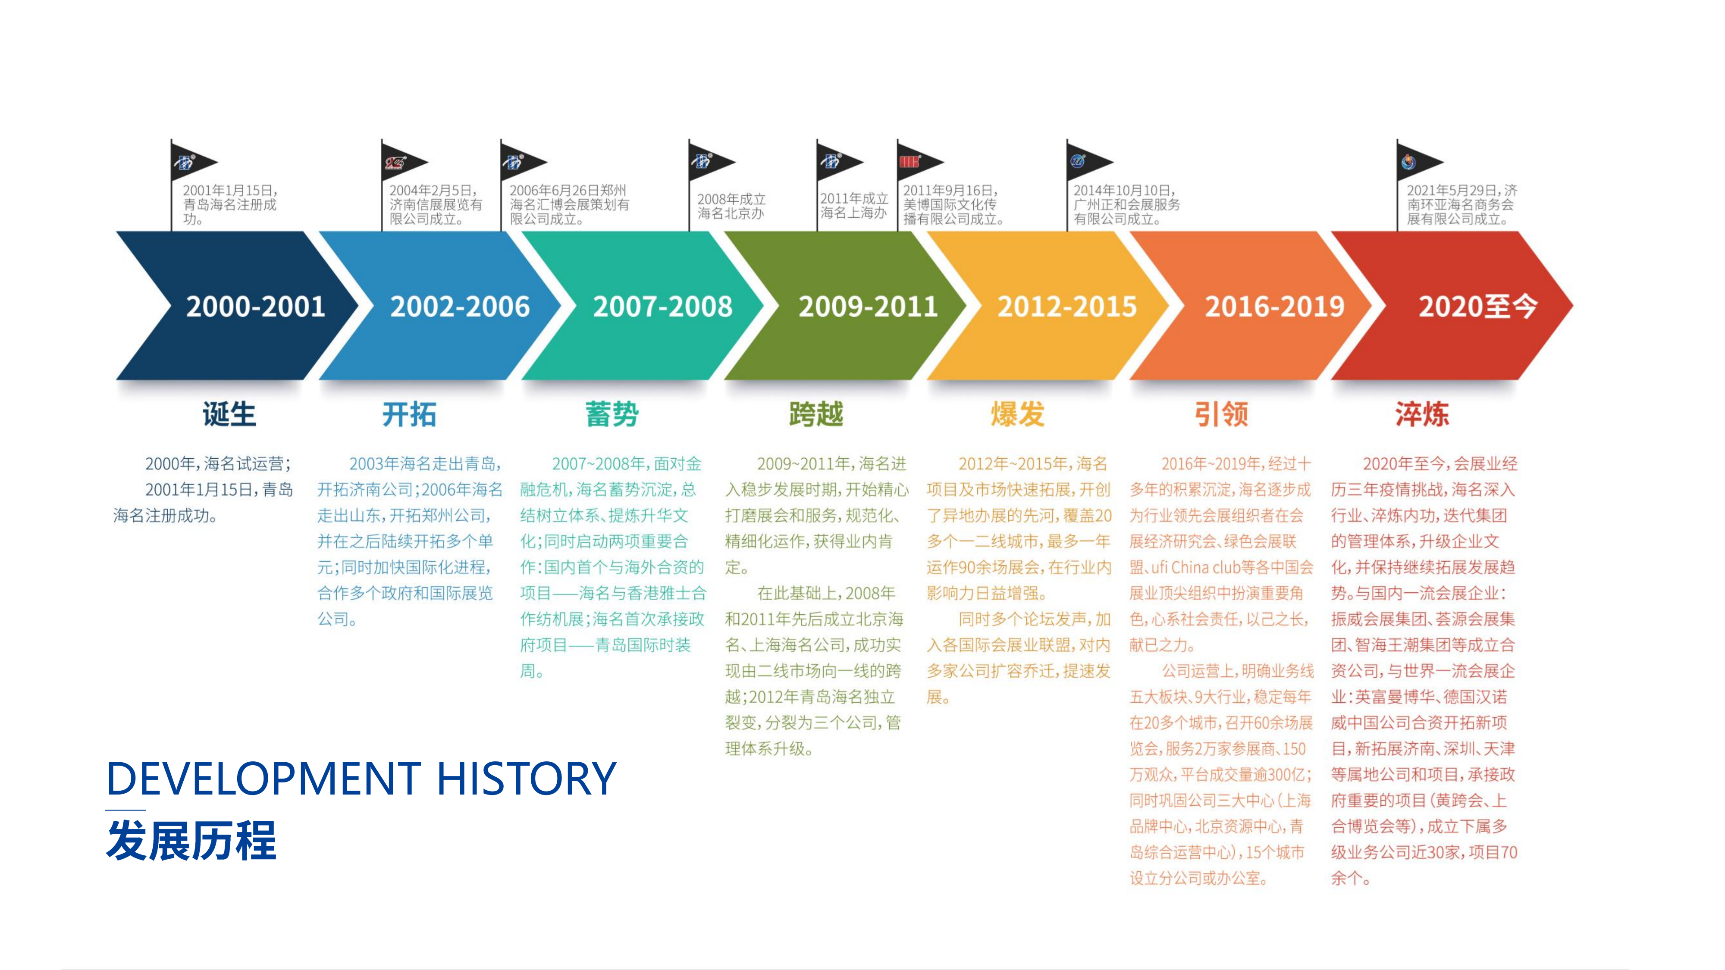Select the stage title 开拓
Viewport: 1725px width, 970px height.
[409, 414]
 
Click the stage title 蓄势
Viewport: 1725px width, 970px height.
[612, 414]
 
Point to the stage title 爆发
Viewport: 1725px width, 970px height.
[1018, 414]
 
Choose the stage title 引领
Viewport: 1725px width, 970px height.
[1221, 414]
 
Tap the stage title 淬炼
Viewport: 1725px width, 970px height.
[1422, 414]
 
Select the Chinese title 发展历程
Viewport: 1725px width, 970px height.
[191, 840]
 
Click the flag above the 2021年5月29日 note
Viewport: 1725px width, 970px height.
[1420, 163]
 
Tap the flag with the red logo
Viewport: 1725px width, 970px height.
[920, 163]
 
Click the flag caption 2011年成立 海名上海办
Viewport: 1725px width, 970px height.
[854, 206]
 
